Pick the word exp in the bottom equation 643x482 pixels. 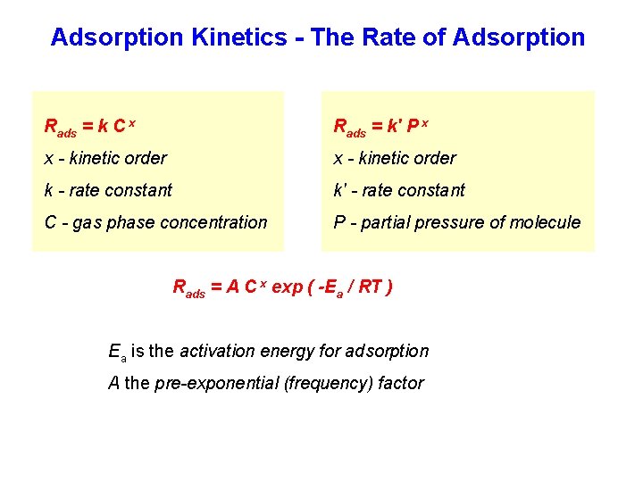tap(287, 287)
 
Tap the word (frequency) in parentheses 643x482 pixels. tap(325, 383)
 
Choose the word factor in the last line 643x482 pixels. tap(401, 383)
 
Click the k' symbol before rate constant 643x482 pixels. tap(339, 190)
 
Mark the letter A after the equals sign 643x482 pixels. tap(232, 287)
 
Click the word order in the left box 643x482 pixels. tap(146, 158)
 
